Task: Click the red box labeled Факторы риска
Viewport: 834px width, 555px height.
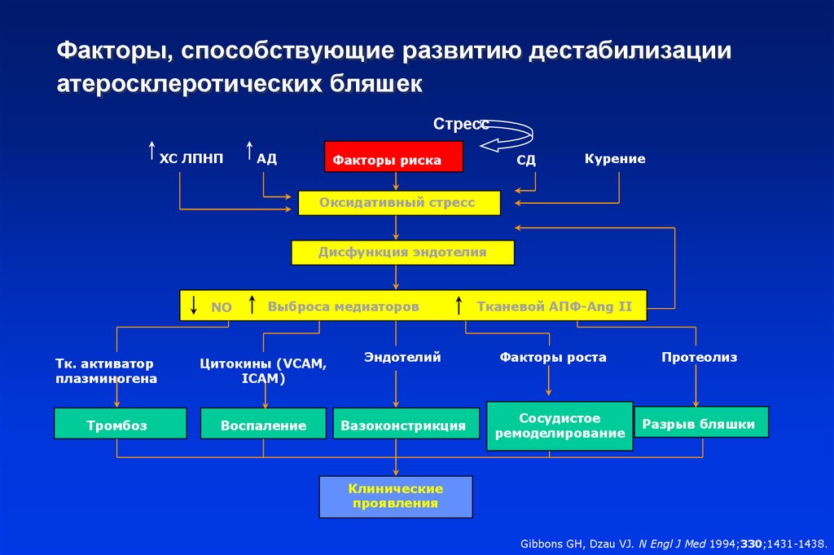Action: tap(393, 156)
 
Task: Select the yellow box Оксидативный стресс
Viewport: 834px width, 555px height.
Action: tap(399, 203)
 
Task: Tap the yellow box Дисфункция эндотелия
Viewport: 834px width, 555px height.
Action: tap(402, 252)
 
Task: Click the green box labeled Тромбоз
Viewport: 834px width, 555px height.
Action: tap(121, 424)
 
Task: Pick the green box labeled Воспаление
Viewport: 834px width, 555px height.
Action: tap(263, 424)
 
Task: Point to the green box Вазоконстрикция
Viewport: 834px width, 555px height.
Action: tap(406, 424)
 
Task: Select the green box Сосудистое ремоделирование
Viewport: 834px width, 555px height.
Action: tap(560, 426)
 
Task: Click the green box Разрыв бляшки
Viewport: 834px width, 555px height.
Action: tap(701, 422)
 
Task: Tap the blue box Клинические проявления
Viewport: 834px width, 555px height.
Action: tap(396, 497)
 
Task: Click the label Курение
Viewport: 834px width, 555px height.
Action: tap(615, 159)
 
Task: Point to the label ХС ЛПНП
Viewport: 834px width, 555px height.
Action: tap(191, 159)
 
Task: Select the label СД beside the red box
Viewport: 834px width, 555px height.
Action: tap(526, 161)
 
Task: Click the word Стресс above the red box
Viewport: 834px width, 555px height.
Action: tap(461, 124)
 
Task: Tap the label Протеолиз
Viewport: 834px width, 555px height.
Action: tap(700, 357)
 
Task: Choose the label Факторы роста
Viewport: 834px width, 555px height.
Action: tap(553, 357)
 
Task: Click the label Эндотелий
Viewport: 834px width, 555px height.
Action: tap(402, 357)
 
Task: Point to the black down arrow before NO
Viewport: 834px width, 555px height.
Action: tap(194, 305)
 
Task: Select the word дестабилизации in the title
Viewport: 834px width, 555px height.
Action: tap(630, 51)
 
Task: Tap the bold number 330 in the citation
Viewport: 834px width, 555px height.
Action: tap(752, 544)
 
